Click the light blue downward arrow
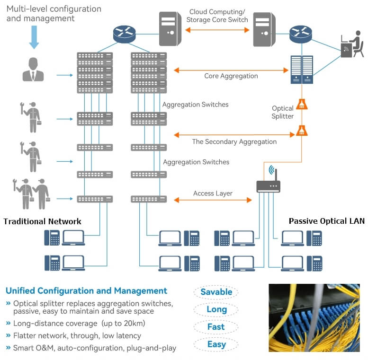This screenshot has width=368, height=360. click(x=34, y=37)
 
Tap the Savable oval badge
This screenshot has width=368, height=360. click(x=216, y=292)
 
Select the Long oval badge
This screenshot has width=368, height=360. click(x=216, y=309)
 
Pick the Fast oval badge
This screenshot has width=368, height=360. click(x=216, y=327)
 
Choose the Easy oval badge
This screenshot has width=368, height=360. click(x=216, y=344)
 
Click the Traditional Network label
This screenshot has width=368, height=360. click(x=42, y=221)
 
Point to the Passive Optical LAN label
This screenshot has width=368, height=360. click(x=326, y=221)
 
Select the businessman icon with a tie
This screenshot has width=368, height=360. click(x=33, y=70)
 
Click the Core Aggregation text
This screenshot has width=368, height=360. click(x=231, y=76)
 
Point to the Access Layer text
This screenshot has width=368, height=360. click(x=213, y=193)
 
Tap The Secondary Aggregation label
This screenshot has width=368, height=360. click(x=234, y=141)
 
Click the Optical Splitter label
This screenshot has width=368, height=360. click(x=283, y=112)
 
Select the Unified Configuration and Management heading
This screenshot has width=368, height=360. click(x=86, y=290)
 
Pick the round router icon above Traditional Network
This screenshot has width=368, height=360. click(x=124, y=33)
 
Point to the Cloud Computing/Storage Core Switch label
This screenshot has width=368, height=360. click(x=217, y=16)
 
